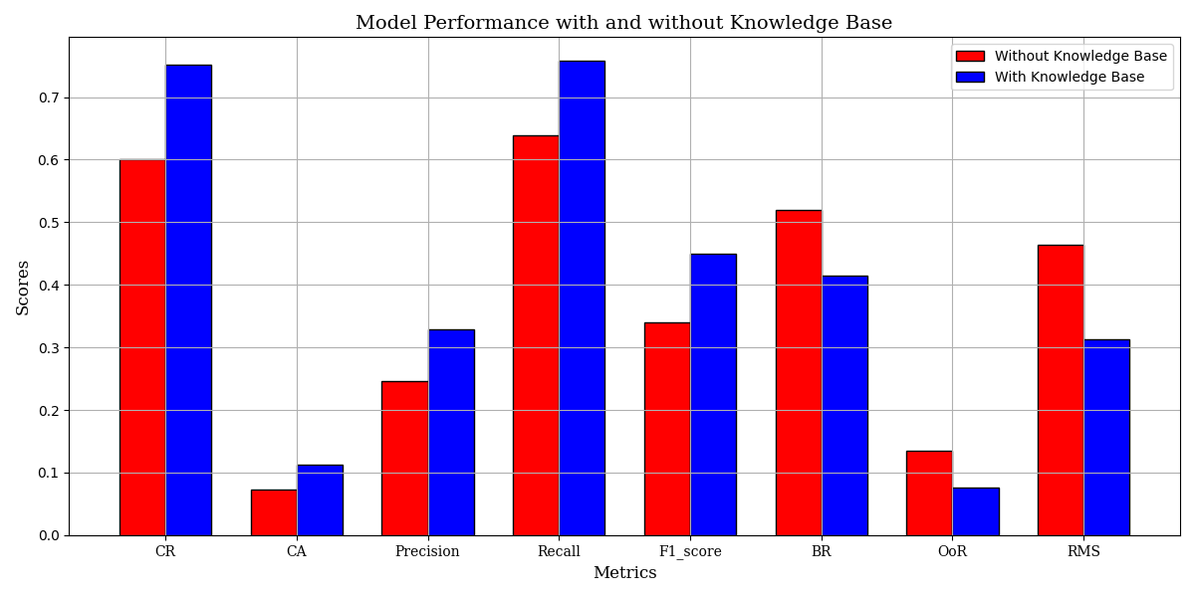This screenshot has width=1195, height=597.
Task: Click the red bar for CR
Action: [x=142, y=347]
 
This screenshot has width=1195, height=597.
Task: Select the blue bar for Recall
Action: [x=582, y=298]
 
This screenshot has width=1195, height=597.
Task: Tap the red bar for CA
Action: [x=274, y=512]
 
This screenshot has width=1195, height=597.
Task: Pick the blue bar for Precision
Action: [x=451, y=432]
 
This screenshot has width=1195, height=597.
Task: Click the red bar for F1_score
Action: [x=667, y=429]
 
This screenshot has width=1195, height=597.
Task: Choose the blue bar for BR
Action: [x=844, y=405]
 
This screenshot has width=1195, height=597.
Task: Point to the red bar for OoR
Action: [x=929, y=493]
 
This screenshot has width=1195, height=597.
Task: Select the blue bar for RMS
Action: [x=1106, y=437]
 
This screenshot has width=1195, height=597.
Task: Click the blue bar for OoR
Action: [x=976, y=511]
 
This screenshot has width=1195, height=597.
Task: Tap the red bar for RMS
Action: [x=1061, y=390]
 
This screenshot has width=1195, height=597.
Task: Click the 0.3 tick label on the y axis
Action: [x=48, y=348]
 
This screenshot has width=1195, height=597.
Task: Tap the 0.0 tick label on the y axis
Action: [x=48, y=535]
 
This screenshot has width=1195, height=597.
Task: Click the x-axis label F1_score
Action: [x=690, y=552]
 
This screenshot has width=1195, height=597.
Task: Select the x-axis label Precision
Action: [x=427, y=552]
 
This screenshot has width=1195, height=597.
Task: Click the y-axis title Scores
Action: [x=23, y=287]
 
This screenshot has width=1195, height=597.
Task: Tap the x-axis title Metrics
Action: [x=624, y=574]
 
